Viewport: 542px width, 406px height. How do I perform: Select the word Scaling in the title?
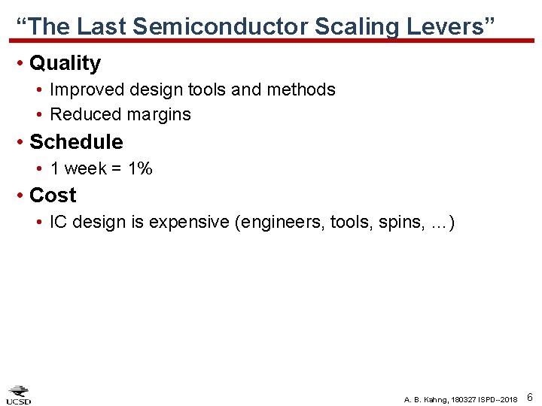tap(356, 26)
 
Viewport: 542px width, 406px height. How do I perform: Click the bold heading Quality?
tap(65, 63)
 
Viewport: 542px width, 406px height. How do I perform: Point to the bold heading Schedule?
tap(76, 141)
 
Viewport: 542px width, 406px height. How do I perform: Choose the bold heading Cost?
tap(53, 195)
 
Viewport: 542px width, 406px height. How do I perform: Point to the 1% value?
tap(141, 168)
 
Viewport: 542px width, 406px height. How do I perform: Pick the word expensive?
tap(191, 223)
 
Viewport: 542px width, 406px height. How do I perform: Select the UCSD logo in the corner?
tap(19, 395)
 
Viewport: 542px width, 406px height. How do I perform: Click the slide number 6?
tap(530, 396)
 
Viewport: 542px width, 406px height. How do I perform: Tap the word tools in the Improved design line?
tap(207, 89)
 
